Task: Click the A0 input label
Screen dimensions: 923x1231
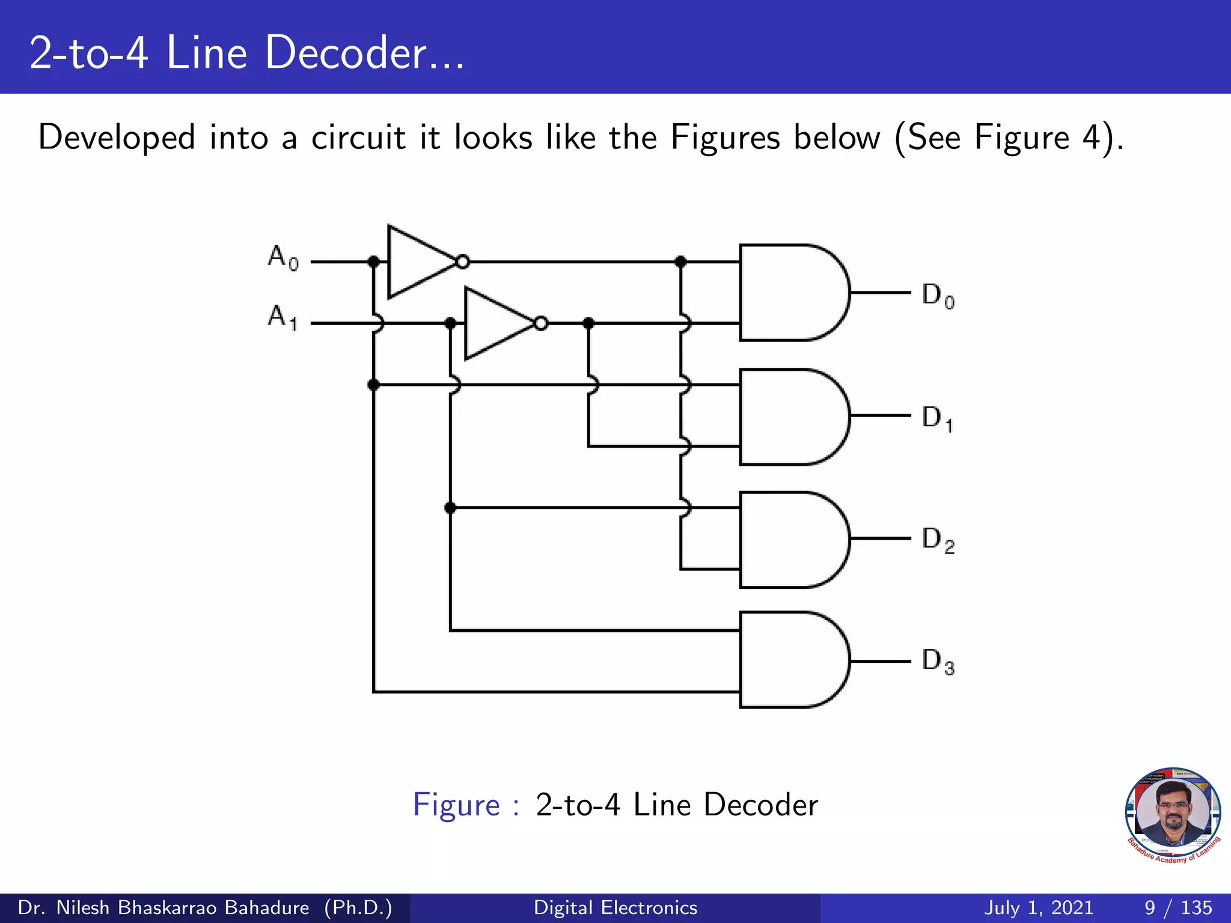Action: coord(283,258)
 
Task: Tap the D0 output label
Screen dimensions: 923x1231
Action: coord(938,296)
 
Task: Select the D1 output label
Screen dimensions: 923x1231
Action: coord(938,419)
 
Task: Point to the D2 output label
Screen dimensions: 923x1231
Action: coord(938,540)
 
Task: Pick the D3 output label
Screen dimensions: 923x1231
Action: coord(938,662)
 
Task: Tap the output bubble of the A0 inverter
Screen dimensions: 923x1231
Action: coord(463,262)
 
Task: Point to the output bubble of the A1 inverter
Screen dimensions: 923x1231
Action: coord(541,324)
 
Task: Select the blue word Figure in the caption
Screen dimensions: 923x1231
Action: coord(456,805)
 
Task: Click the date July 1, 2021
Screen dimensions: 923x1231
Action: coord(1039,907)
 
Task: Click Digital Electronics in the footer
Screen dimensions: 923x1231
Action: coord(615,907)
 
